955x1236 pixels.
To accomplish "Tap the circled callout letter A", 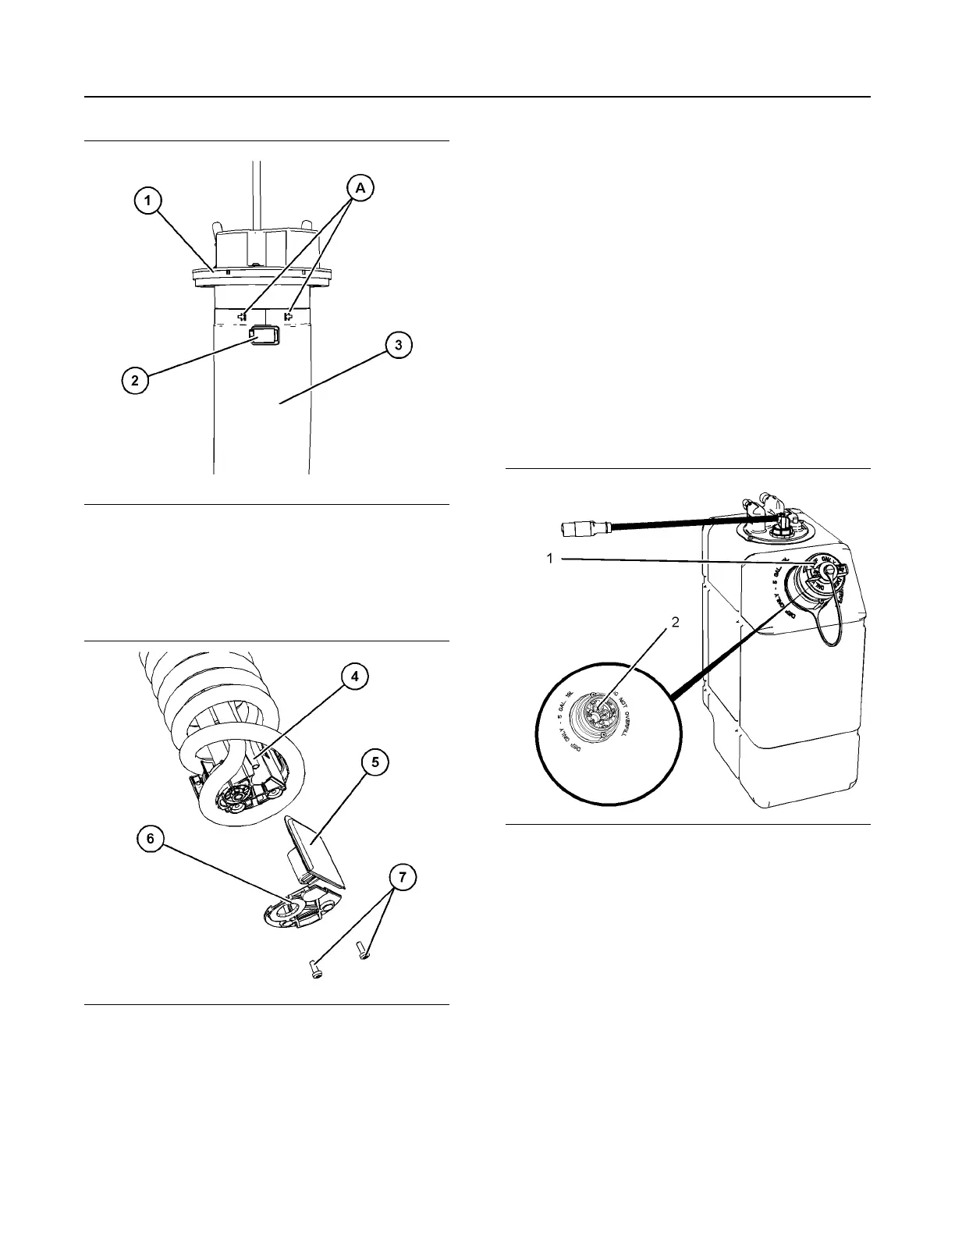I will pos(360,187).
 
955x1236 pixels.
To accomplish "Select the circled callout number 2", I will pos(135,382).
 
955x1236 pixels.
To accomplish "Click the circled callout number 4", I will pos(354,677).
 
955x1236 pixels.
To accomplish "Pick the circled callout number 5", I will pos(375,762).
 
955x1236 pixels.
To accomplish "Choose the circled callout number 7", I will pos(403,878).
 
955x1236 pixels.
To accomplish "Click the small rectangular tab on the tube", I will pos(264,335).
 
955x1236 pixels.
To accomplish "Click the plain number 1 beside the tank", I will pos(549,559).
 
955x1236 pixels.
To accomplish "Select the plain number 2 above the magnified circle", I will pos(675,622).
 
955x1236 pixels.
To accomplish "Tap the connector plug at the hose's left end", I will pos(576,528).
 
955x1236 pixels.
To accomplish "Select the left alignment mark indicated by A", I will pos(243,317).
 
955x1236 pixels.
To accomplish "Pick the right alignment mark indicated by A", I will pos(288,317).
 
